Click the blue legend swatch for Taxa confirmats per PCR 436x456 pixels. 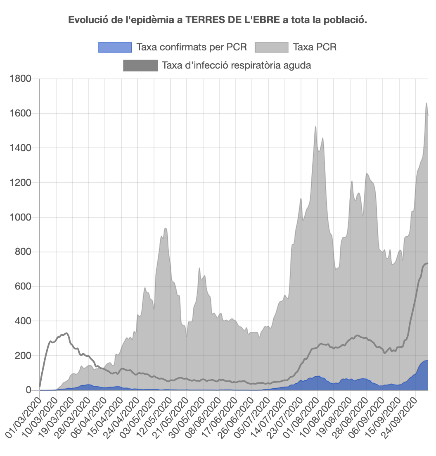coord(115,47)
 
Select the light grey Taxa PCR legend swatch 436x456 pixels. coord(271,47)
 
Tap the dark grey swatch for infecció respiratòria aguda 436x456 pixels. coord(140,65)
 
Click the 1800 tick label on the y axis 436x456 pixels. coord(20,78)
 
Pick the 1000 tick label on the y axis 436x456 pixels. coord(20,217)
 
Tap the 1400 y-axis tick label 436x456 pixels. coord(20,148)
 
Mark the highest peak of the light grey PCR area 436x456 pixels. coord(426,103)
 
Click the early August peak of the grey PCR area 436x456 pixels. coord(315,127)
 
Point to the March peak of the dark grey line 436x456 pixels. coord(66,333)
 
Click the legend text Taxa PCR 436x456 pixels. coord(315,47)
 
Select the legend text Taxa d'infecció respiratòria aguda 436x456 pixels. coord(236,65)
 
